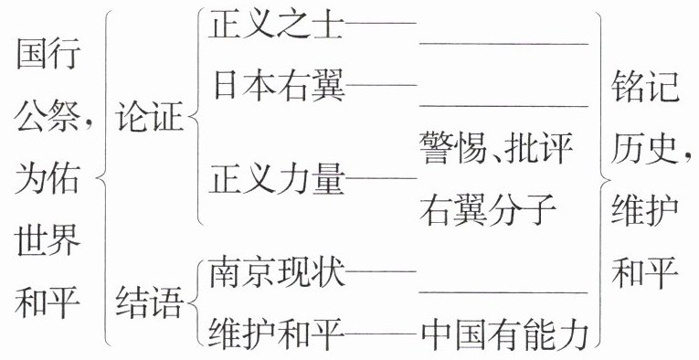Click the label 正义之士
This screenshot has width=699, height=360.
[x=276, y=24]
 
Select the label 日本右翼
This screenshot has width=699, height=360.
[x=279, y=85]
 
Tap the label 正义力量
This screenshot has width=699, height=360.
[x=277, y=179]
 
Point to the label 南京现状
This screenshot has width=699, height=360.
[x=277, y=271]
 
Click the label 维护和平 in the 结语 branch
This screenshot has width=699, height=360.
[x=277, y=334]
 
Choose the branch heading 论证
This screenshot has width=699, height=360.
[x=149, y=116]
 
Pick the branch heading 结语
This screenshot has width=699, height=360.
[x=149, y=302]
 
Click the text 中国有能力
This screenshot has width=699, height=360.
[x=504, y=334]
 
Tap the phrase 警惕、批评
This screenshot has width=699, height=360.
[x=496, y=148]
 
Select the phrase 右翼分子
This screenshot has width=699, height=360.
[x=488, y=209]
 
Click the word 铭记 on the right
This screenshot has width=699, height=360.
[x=644, y=86]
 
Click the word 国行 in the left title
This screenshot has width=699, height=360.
[x=48, y=54]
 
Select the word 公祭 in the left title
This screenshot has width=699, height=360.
[x=48, y=116]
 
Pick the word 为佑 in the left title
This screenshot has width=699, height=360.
[x=48, y=178]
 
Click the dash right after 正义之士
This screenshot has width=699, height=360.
[x=381, y=23]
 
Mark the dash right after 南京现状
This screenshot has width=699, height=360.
[x=381, y=270]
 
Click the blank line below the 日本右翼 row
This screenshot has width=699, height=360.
[x=503, y=107]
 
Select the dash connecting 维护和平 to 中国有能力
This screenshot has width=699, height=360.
[x=381, y=334]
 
